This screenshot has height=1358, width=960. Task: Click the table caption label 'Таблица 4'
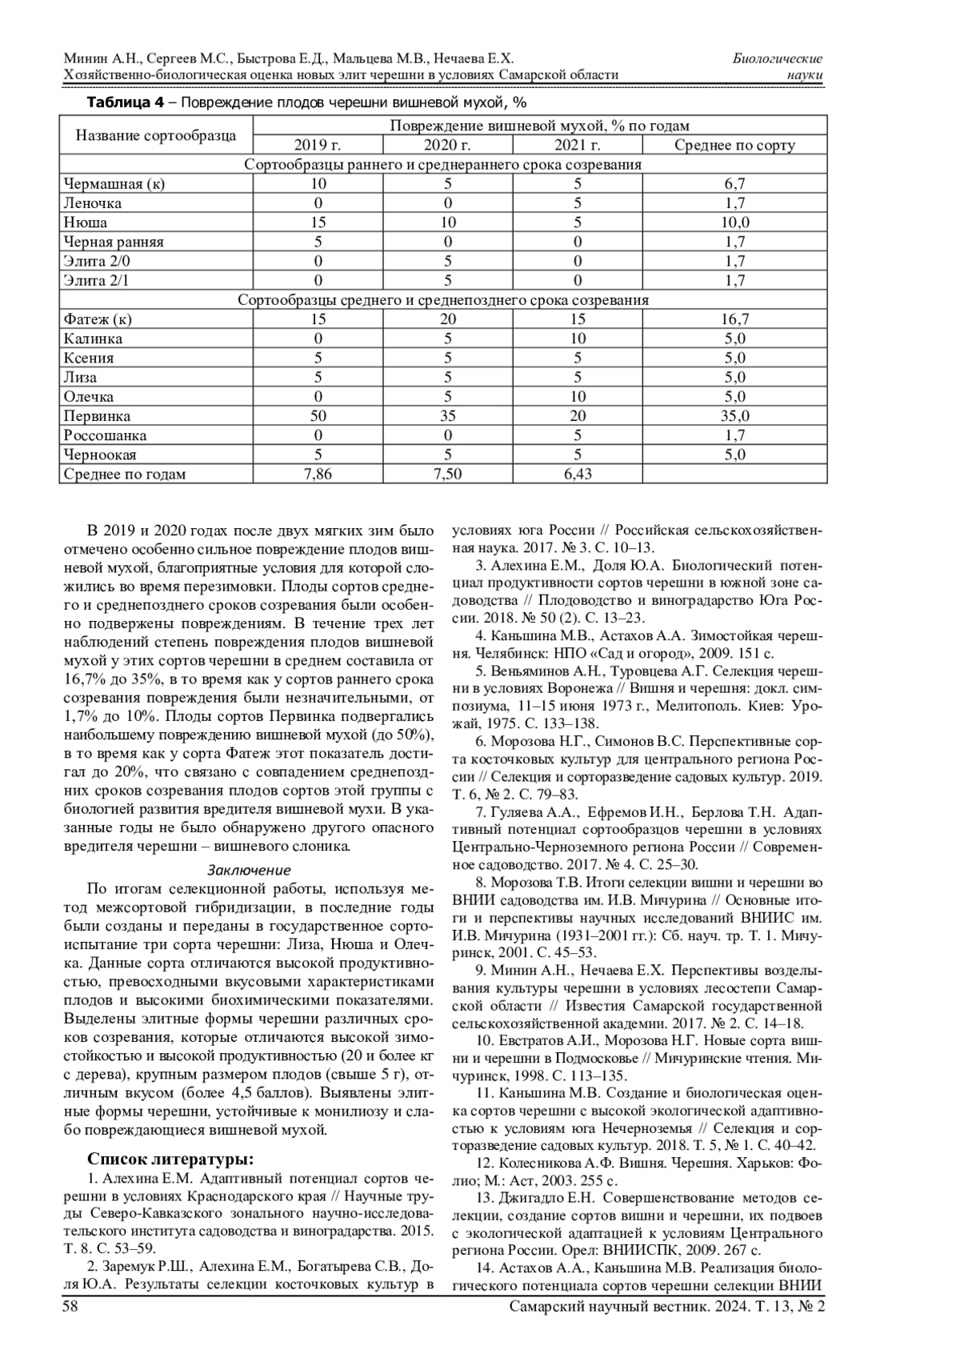coord(125,103)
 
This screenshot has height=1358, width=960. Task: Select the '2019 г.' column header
coord(318,145)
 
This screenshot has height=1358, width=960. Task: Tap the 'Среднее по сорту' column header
coord(734,145)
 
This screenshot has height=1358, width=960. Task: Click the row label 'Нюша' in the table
coord(86,222)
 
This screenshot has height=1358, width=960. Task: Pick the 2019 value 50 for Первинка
coord(318,416)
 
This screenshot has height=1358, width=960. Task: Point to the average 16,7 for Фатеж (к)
coord(734,319)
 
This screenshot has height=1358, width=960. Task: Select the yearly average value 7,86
coord(318,474)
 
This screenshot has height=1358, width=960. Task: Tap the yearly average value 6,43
coord(578,474)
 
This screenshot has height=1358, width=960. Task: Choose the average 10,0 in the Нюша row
coord(734,222)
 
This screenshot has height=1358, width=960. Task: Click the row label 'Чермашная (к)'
coord(114,184)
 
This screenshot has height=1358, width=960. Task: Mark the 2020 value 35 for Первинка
coord(448,416)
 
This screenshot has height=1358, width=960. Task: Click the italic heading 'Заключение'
coord(249,870)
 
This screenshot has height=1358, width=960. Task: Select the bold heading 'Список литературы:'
coord(170,1160)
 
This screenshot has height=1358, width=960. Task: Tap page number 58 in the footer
coord(70,1307)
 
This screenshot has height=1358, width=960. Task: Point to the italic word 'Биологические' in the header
coord(778,58)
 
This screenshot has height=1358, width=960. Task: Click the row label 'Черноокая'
coord(100,455)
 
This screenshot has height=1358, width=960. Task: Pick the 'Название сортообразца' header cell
coord(156,135)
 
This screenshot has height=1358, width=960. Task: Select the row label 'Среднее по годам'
coord(124,474)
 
